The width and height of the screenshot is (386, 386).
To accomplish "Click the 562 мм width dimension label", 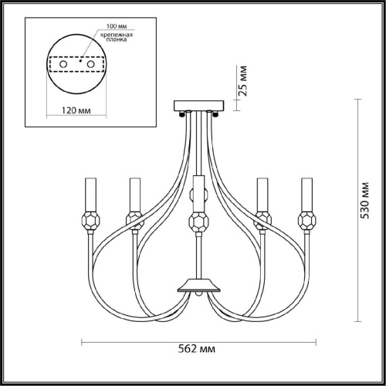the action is click(x=197, y=349).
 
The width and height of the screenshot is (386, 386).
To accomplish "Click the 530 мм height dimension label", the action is click(x=364, y=201).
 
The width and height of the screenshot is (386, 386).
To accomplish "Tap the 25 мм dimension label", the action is click(x=242, y=81).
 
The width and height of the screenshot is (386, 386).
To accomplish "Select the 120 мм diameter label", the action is click(x=76, y=110).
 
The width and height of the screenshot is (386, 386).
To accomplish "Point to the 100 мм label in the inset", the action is click(x=117, y=26).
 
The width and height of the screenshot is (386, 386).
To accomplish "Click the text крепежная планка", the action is click(x=117, y=37).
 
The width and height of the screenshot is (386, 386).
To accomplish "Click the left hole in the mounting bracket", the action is click(x=63, y=64).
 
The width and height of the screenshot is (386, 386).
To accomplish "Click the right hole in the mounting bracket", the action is click(x=91, y=64).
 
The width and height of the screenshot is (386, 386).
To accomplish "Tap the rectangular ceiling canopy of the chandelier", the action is click(x=199, y=106).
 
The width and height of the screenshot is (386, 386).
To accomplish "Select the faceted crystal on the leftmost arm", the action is click(x=90, y=221).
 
